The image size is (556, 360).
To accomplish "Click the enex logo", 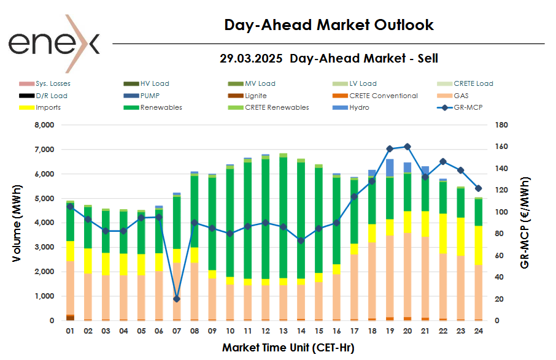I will pos(53,43).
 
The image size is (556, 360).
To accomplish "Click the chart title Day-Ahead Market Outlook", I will pos(328,25).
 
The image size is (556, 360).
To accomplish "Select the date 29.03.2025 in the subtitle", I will pos(251,59).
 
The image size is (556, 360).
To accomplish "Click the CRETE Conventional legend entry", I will pos(383,96).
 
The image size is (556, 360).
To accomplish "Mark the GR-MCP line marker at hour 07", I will pos(177,299).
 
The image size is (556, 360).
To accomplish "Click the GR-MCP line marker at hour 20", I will pos(407,147).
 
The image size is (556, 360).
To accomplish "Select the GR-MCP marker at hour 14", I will pos(301,240).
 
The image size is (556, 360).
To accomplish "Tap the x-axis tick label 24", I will pos(479,331).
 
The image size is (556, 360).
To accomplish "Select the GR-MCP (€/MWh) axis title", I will pos(525,223).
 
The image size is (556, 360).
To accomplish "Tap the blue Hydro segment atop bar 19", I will pos(390,167).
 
